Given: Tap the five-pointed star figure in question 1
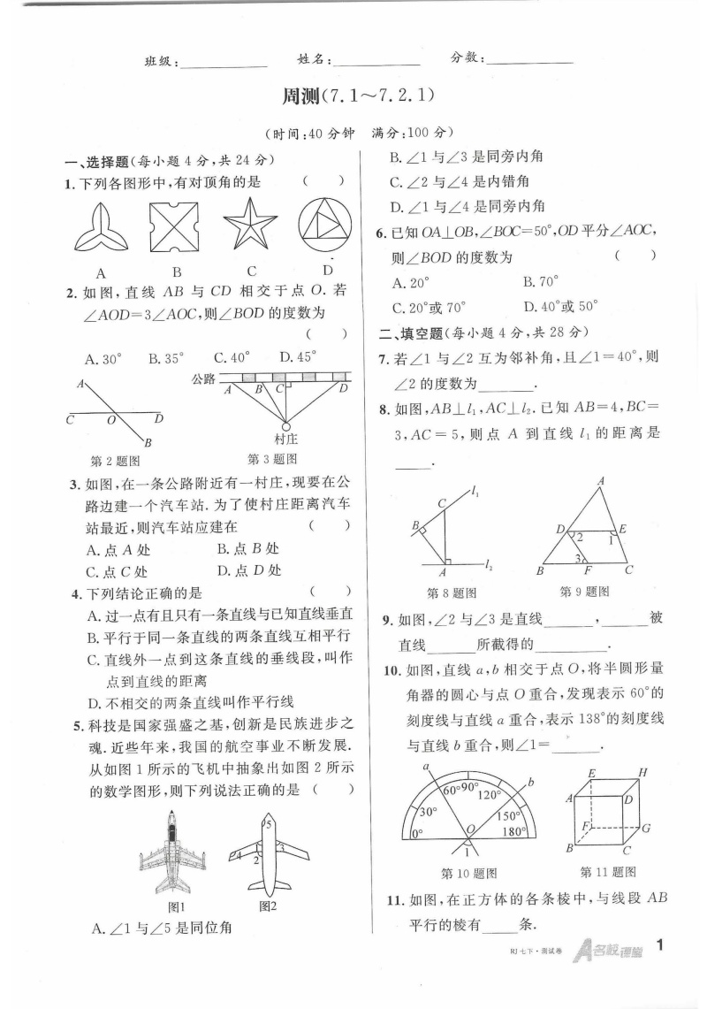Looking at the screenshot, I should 251,225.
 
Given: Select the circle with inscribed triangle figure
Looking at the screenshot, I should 328,225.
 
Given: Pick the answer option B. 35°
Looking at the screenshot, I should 166,358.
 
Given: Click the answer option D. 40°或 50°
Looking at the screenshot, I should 560,307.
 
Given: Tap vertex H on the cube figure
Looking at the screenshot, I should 642,772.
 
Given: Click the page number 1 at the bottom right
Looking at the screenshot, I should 661,946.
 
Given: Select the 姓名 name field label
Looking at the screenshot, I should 315,59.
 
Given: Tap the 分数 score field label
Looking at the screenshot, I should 467,57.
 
